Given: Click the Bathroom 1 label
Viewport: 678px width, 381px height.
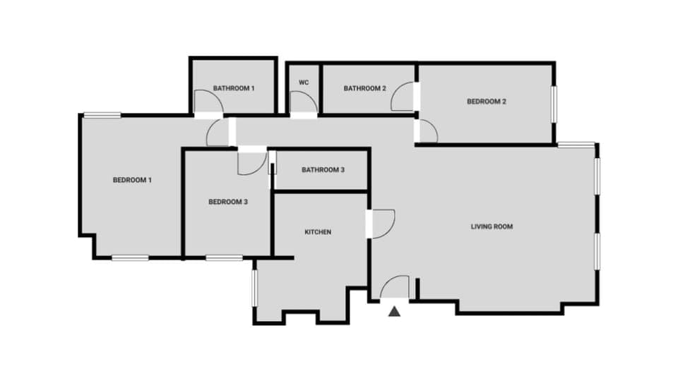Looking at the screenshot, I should pos(234,88).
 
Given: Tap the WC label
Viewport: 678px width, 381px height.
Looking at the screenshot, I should pos(304,83).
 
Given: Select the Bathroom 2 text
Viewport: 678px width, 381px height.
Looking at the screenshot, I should pos(364,88).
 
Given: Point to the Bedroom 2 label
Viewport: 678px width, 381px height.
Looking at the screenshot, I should pos(487,102).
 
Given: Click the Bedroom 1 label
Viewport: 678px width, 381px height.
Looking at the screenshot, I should pos(133,180).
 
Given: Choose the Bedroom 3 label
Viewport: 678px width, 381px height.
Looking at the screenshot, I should pos(228,202).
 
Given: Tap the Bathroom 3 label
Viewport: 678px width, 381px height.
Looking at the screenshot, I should pos(323,170).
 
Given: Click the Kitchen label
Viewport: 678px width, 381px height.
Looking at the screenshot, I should pos(318,232).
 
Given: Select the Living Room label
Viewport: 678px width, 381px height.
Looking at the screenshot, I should pos(492,226).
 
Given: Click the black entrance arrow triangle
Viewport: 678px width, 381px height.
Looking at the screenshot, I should pos(395,310).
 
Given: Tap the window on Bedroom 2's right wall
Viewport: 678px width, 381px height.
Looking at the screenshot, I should pos(554,104).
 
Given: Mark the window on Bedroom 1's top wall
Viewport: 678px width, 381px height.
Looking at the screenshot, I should pos(102,115).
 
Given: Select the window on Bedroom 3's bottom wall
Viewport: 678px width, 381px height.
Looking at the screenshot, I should pos(224,258).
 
